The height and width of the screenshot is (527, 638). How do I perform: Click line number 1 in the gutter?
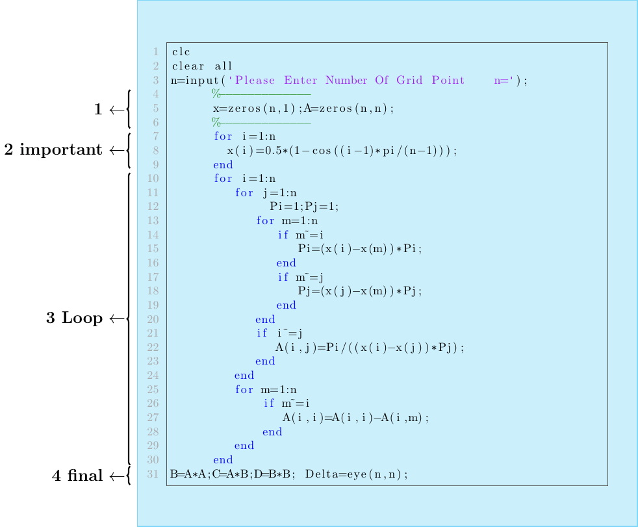156,51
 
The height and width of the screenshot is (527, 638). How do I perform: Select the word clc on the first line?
181,51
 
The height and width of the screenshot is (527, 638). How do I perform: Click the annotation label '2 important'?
53,150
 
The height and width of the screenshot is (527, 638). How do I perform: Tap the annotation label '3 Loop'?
74,318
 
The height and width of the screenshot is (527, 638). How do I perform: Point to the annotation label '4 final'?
77,476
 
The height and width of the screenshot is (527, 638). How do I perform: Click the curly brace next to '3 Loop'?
129,318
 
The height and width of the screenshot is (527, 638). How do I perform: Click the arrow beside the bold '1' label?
116,110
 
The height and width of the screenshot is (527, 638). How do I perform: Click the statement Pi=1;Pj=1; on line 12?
305,207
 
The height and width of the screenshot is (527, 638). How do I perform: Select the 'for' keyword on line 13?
266,221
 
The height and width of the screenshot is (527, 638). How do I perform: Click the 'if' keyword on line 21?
262,333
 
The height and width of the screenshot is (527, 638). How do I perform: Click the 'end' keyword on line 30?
223,460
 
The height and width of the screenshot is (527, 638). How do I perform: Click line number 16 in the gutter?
153,263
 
